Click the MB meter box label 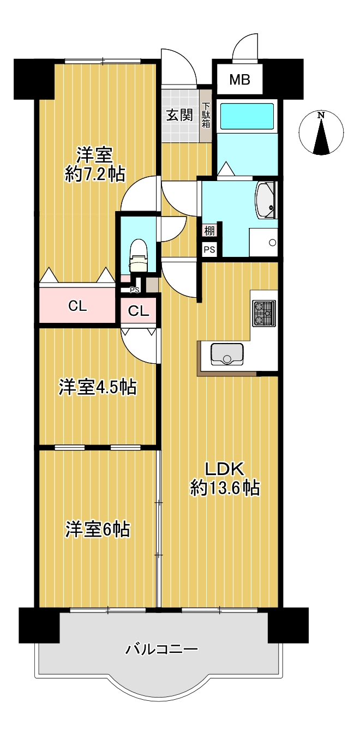tap(239, 80)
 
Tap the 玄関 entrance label tap(179, 115)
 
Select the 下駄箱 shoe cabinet tap(206, 115)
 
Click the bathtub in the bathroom tap(247, 116)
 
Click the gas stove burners tap(264, 313)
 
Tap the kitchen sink tap(227, 354)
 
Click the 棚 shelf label tap(209, 231)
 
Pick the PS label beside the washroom tap(209, 250)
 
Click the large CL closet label tap(77, 307)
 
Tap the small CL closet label tap(138, 311)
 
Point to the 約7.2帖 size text tap(95, 174)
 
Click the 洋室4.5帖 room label tap(98, 387)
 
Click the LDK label tap(225, 470)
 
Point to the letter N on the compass tap(321, 115)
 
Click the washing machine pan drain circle tap(272, 243)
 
